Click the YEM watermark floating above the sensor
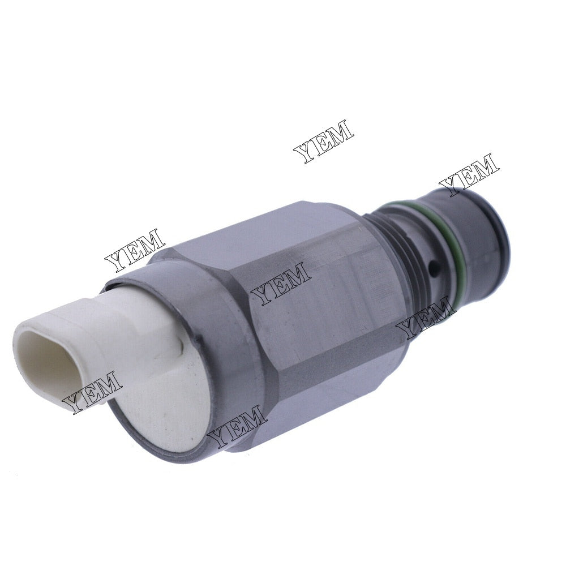coord(324,141)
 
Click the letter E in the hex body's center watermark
coord(281,284)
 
